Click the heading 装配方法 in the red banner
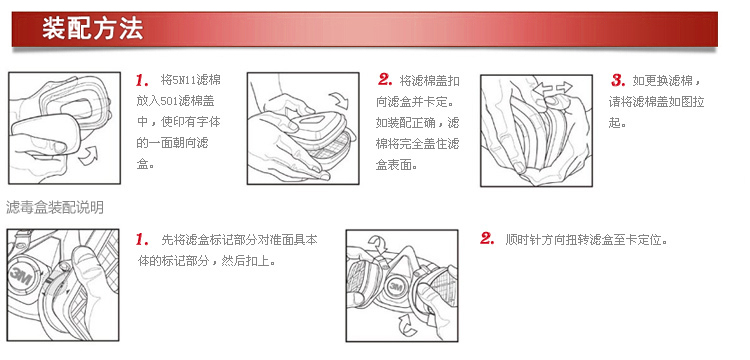click(x=92, y=28)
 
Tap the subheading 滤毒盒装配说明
click(x=55, y=208)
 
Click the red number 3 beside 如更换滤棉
click(x=618, y=80)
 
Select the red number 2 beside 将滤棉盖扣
click(x=385, y=80)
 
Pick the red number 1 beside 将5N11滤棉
click(x=142, y=80)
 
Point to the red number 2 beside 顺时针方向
click(x=487, y=239)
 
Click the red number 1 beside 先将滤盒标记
click(x=142, y=239)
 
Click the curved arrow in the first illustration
click(x=89, y=156)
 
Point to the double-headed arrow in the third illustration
click(x=552, y=88)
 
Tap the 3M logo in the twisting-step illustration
click(x=395, y=286)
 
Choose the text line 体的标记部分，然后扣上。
click(x=207, y=262)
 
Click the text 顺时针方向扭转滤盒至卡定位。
click(x=586, y=240)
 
